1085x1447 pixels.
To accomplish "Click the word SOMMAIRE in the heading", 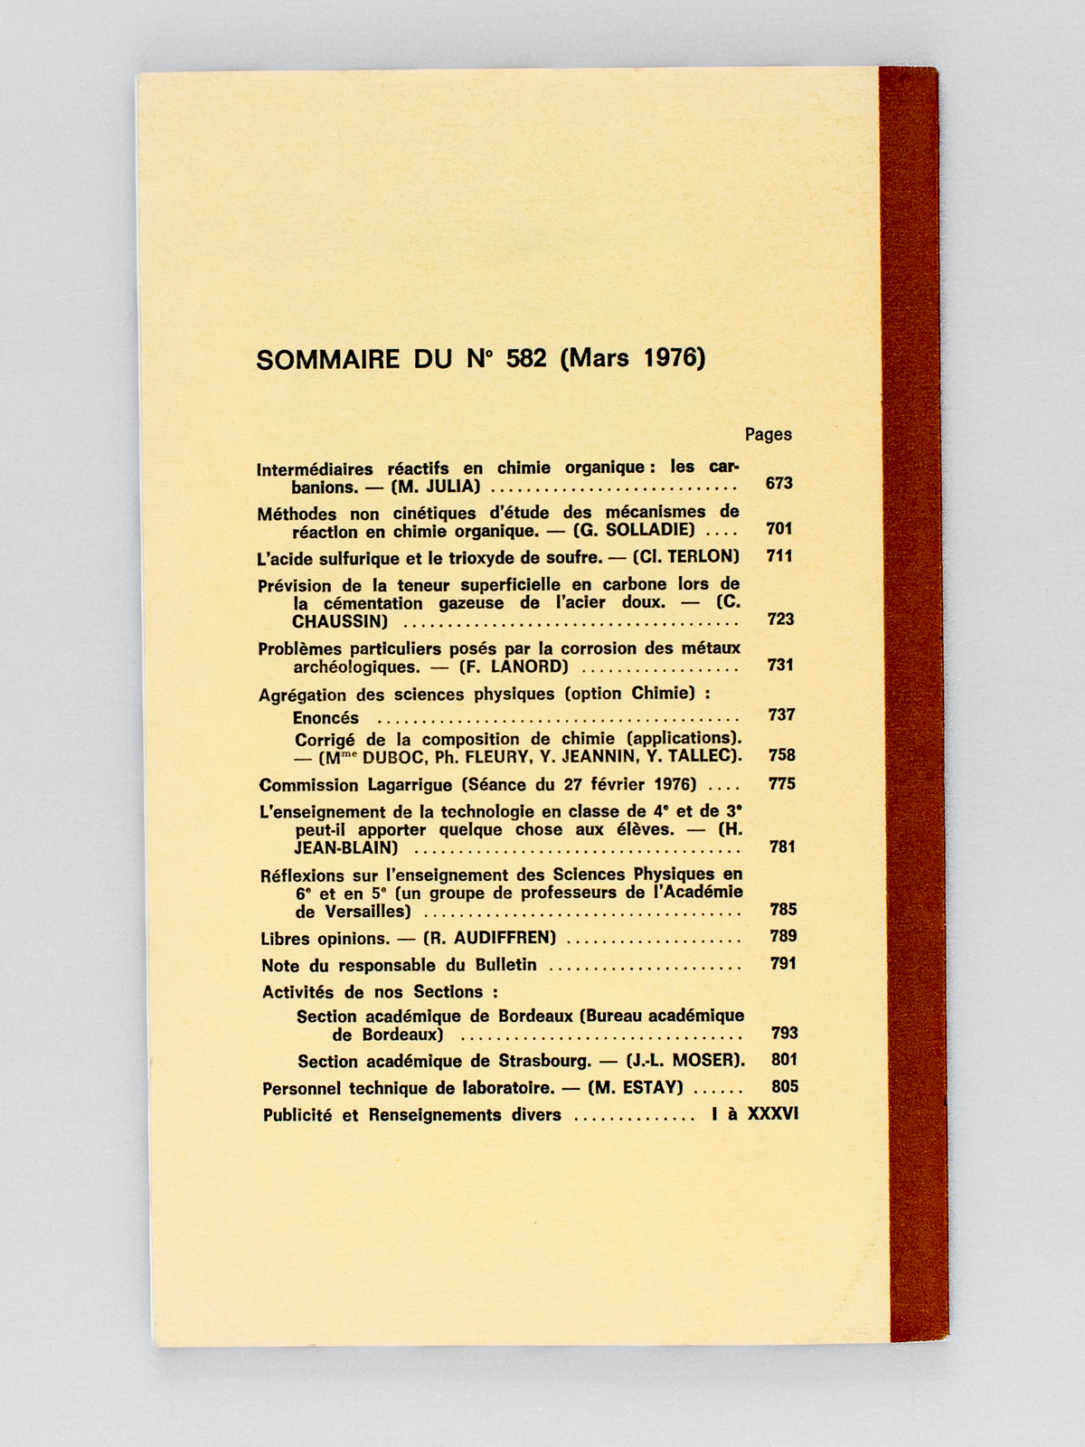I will pyautogui.click(x=327, y=359).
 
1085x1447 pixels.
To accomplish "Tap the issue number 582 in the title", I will pyautogui.click(x=526, y=358).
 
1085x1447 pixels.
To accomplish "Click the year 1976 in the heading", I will pyautogui.click(x=673, y=357).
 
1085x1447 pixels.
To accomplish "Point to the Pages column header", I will pyautogui.click(x=768, y=434).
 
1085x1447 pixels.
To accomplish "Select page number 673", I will pyautogui.click(x=778, y=483).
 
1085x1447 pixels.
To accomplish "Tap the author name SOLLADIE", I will pyautogui.click(x=646, y=530).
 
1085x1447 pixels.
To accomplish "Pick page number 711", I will pyautogui.click(x=778, y=556).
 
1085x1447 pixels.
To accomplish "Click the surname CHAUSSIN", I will pyautogui.click(x=340, y=622).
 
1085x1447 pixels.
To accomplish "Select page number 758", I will pyautogui.click(x=781, y=755).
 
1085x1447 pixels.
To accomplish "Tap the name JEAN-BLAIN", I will pyautogui.click(x=346, y=848).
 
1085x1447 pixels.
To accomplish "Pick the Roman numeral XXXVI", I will pyautogui.click(x=772, y=1114).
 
